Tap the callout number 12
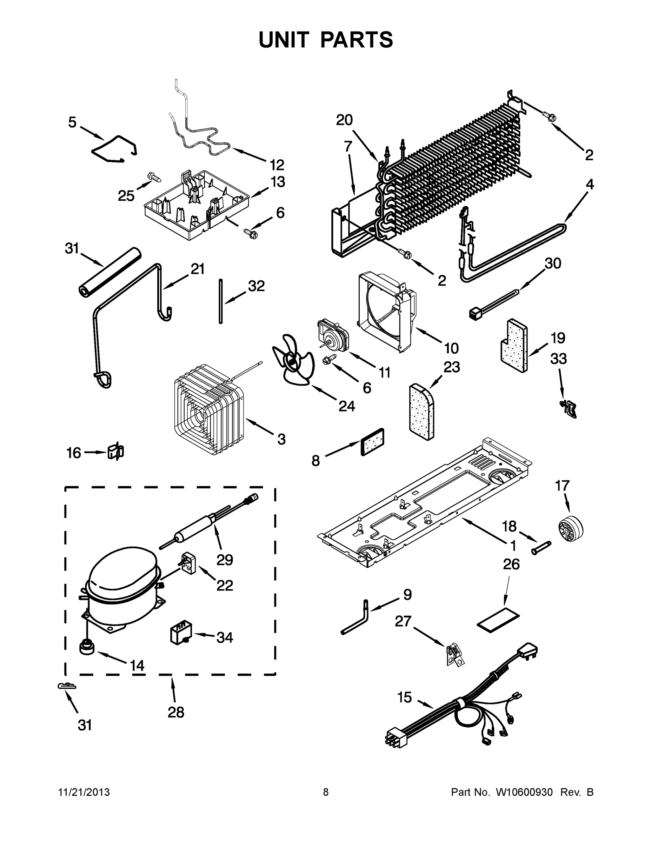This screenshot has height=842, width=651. pos(277,165)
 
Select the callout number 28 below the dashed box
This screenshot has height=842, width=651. pos(175,712)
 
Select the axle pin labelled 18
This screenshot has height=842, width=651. pos(542,548)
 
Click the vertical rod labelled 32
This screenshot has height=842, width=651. pos(221,301)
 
